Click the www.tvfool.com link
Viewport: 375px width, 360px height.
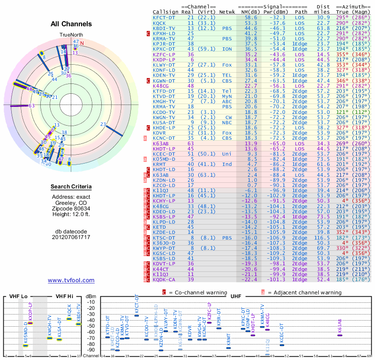click(x=71, y=280)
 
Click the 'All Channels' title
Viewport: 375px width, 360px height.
click(x=71, y=24)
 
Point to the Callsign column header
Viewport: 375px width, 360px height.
click(x=165, y=11)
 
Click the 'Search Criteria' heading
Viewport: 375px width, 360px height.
click(x=71, y=187)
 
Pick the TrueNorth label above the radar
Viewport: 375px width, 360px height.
click(x=71, y=35)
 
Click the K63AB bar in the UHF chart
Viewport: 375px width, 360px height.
click(x=340, y=335)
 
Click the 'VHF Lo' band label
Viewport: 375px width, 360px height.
click(x=19, y=296)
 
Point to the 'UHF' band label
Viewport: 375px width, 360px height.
click(x=236, y=296)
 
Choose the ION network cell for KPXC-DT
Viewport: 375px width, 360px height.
click(x=227, y=48)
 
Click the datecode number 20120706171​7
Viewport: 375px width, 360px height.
click(x=71, y=237)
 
